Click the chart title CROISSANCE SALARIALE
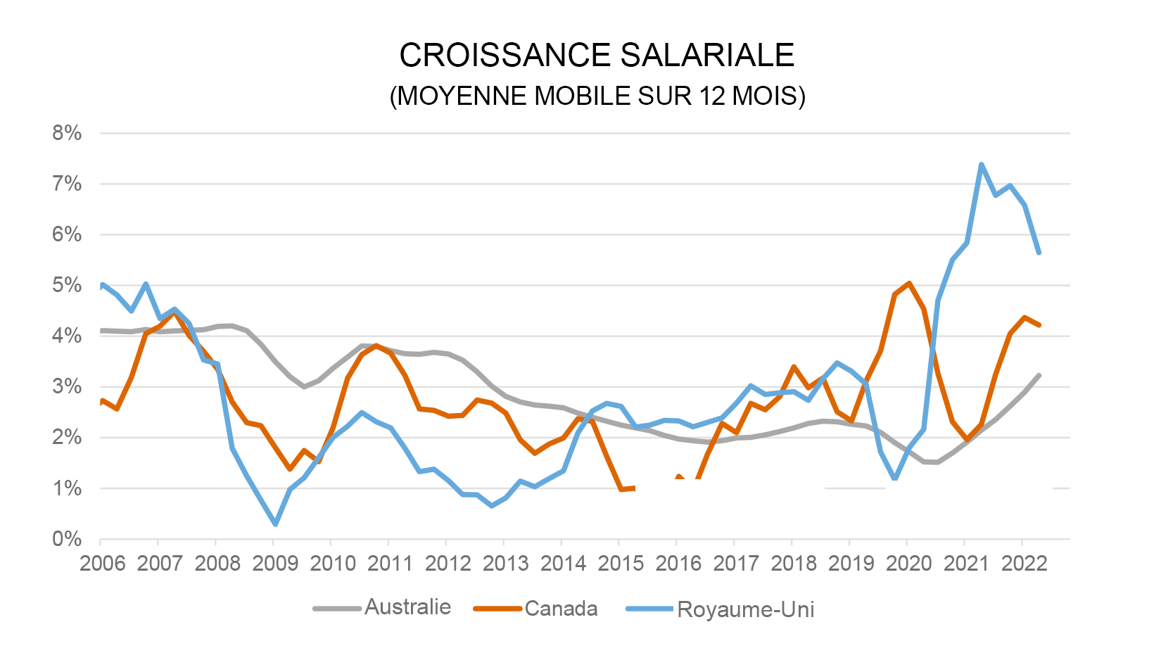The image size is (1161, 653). click(597, 56)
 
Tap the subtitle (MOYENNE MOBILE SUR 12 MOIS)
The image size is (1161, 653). click(597, 96)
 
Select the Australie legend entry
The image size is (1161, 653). click(407, 607)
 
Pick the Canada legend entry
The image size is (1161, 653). click(561, 609)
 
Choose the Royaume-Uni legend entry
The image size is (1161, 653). click(745, 609)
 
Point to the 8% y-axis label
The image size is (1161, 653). click(67, 133)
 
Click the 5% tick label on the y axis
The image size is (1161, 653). click(67, 285)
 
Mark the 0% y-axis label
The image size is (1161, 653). click(67, 539)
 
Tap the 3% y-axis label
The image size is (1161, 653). click(67, 386)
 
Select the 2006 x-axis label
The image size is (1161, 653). click(103, 564)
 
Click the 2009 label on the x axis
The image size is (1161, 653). click(275, 564)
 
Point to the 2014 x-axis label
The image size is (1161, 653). click(563, 564)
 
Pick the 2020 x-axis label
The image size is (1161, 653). click(908, 564)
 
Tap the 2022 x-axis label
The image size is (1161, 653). click(1024, 564)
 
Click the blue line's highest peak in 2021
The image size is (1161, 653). click(981, 165)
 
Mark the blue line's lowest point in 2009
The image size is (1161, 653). click(275, 524)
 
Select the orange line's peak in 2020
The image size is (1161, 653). click(910, 283)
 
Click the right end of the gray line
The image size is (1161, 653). click(1039, 375)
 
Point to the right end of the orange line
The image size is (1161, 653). click(1039, 325)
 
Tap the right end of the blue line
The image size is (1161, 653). click(1039, 252)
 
